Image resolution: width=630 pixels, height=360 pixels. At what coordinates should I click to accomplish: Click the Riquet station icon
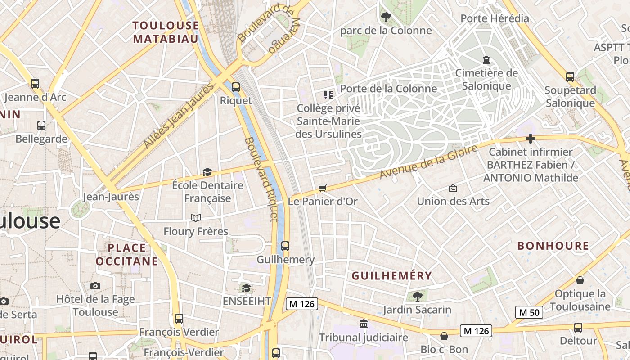(x=235, y=87)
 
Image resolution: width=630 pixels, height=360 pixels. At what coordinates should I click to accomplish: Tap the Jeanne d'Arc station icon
(x=35, y=83)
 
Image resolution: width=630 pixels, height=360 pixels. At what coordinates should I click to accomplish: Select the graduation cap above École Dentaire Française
(x=207, y=172)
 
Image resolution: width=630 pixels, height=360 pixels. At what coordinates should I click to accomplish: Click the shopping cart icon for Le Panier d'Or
(x=322, y=188)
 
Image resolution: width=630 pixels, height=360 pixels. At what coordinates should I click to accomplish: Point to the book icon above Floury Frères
(x=195, y=218)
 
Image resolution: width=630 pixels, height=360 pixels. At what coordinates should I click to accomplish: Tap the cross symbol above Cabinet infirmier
(x=531, y=139)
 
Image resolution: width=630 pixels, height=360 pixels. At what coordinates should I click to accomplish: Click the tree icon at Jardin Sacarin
(x=417, y=296)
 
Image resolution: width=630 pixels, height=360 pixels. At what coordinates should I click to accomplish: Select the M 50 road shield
(x=529, y=312)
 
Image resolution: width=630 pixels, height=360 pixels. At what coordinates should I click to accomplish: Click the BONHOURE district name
(x=553, y=246)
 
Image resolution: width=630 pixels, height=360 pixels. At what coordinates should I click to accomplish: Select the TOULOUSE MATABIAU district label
(x=166, y=32)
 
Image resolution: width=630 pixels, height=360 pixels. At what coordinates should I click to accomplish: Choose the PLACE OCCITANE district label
(x=127, y=254)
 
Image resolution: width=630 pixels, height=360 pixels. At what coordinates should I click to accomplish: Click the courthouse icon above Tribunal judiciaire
(x=363, y=324)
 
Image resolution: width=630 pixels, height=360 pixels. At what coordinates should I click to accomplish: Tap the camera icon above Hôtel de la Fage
(x=95, y=286)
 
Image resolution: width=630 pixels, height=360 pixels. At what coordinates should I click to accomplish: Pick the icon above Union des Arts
(x=453, y=188)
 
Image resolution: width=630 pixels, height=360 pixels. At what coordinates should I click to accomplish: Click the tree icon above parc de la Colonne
(x=386, y=17)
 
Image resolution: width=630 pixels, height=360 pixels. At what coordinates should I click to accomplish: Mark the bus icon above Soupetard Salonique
(x=570, y=76)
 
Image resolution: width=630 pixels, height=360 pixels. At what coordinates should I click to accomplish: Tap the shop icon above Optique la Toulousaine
(x=580, y=280)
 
